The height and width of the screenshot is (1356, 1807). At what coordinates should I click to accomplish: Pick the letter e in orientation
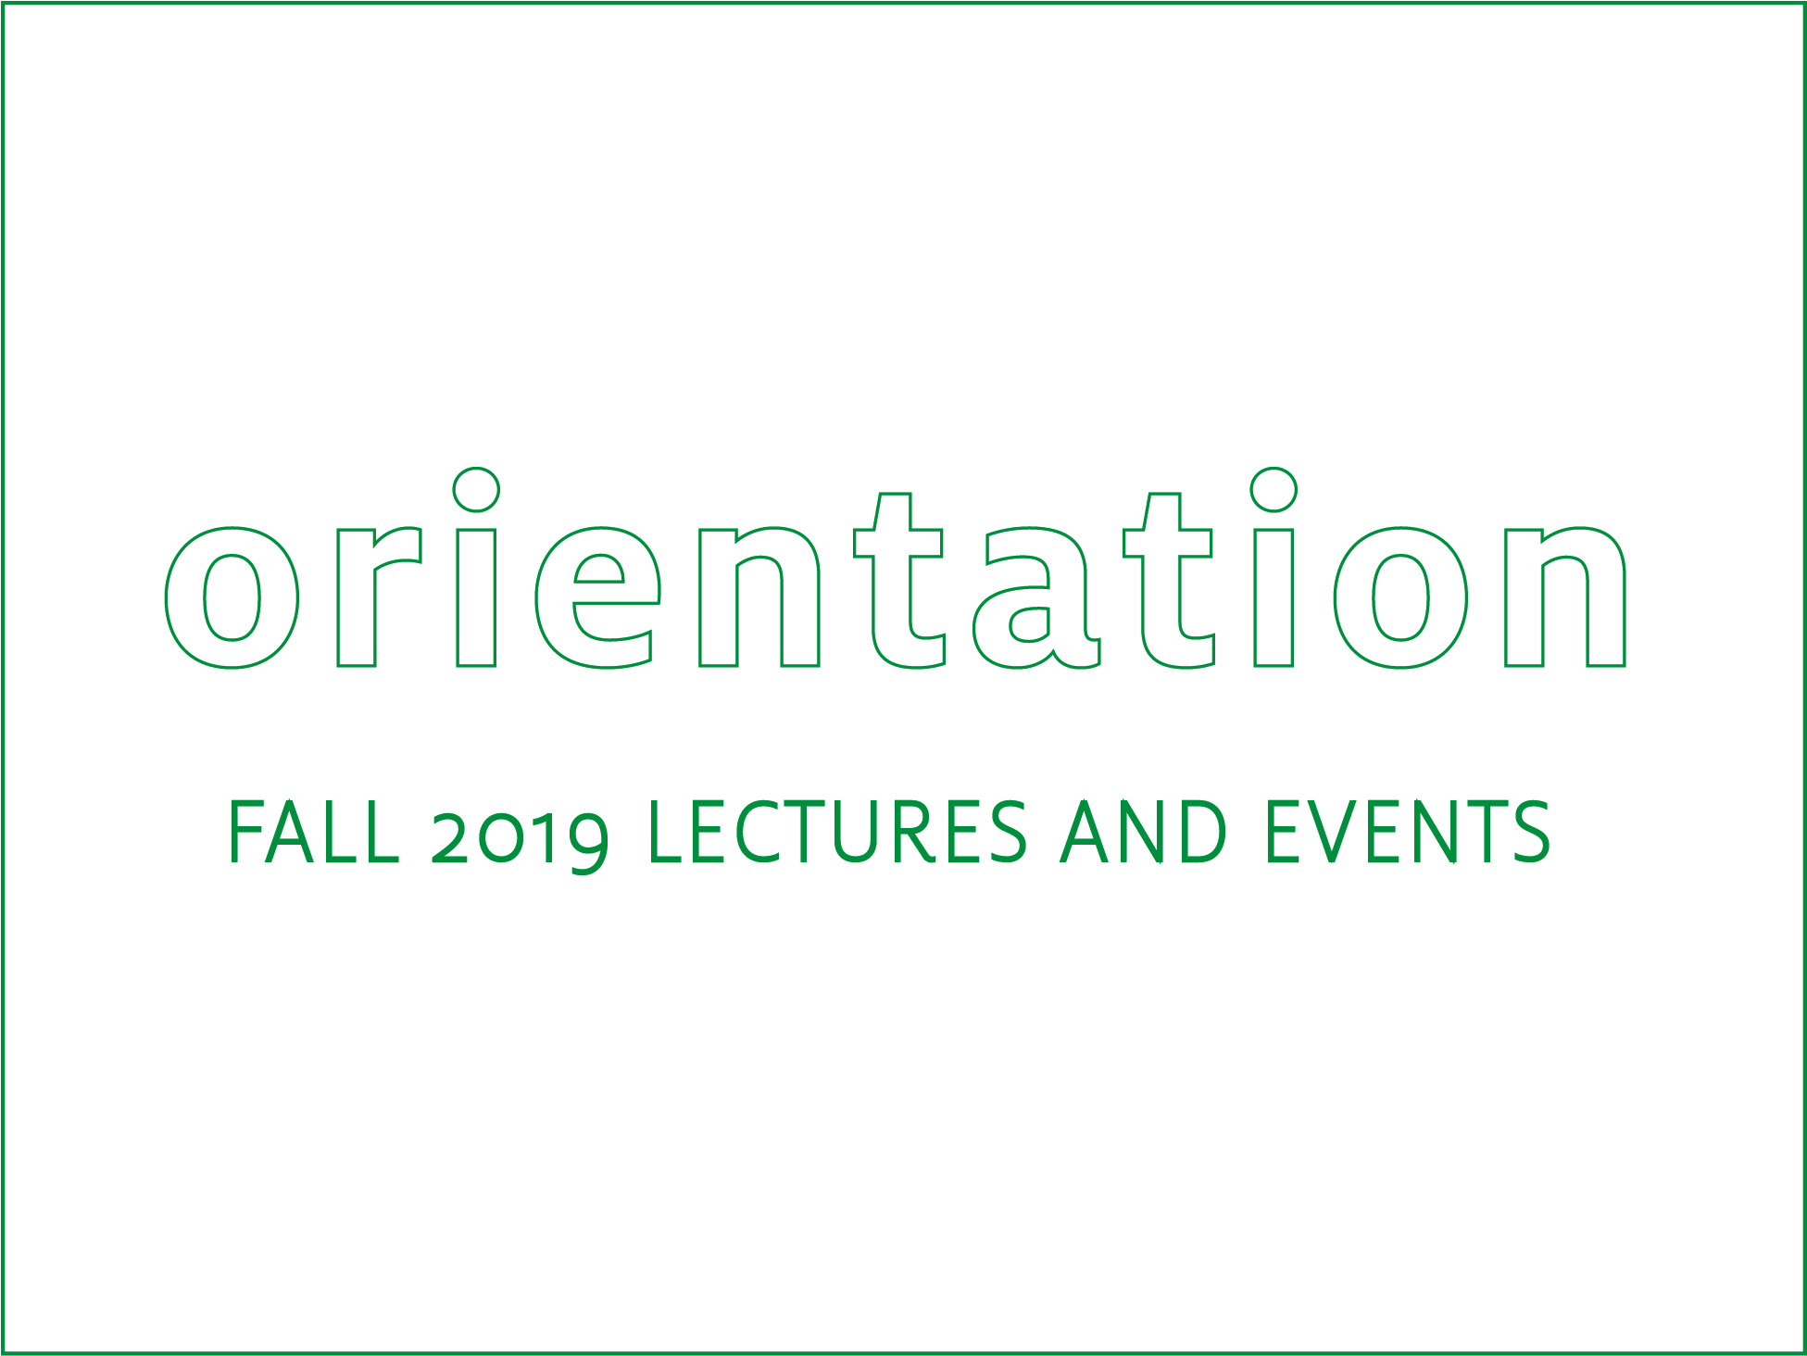[597, 597]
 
